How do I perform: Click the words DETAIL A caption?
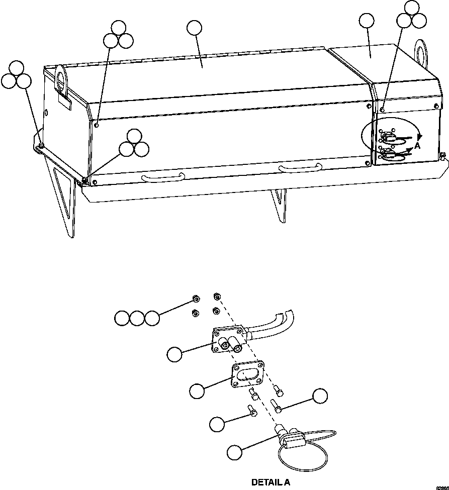[x=271, y=482]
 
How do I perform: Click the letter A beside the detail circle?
[x=417, y=147]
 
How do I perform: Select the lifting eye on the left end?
[x=61, y=80]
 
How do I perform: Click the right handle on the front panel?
[x=300, y=168]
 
